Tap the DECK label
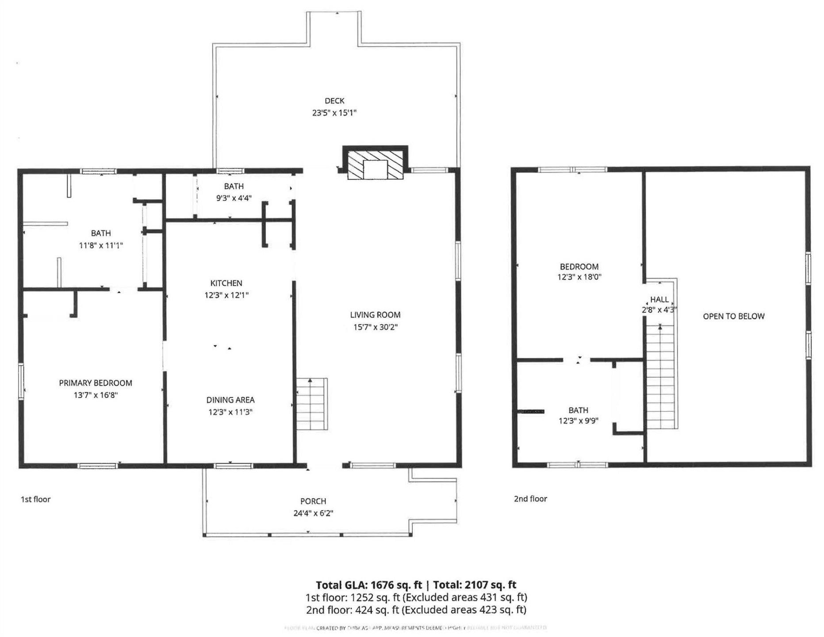tap(334, 101)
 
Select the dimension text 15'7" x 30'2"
tap(375, 327)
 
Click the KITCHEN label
tap(226, 283)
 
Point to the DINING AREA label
tap(230, 400)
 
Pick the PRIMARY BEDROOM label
tap(96, 383)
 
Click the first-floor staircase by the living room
tap(312, 404)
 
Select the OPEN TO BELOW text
tap(733, 316)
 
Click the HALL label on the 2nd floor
tap(659, 299)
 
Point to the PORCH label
tap(313, 501)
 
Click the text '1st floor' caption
tap(36, 499)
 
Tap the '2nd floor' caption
tap(530, 499)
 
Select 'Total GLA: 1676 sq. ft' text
tap(369, 585)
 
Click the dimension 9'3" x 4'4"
tap(234, 198)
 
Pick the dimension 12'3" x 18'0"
tap(579, 277)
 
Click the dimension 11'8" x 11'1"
tap(101, 246)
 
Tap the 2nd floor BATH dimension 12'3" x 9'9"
tap(578, 421)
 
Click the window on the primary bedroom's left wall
tap(21, 381)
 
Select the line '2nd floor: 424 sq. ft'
tap(353, 610)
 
